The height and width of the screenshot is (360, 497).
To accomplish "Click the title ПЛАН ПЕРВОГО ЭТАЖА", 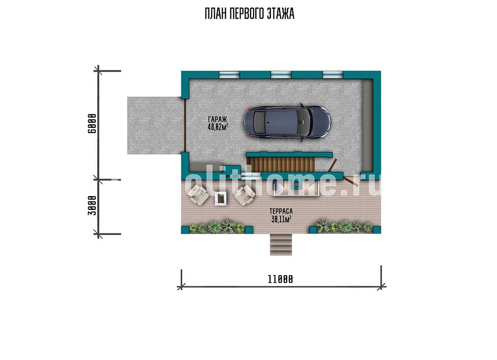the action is coord(249,13).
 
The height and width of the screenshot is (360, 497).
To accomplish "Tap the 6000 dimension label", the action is coord(92,124).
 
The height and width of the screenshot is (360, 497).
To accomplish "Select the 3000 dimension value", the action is coord(92,205).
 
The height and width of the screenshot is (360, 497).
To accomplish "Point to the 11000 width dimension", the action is coord(280,279).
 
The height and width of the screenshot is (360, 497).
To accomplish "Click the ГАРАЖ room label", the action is coord(217,119).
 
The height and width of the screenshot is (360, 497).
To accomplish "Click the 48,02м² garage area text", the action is coord(218,127).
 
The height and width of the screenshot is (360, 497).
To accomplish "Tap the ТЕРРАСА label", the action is coord(281,211).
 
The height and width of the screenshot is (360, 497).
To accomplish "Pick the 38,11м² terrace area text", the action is coord(281,219).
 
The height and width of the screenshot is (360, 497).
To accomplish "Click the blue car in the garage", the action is coord(287,122).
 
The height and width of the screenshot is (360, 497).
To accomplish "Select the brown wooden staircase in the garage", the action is coord(281,164).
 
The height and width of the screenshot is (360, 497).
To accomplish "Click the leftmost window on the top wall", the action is coord(229,74).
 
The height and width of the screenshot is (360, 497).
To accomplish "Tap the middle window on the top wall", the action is coord(281,74).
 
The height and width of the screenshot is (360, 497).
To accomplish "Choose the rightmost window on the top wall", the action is coord(332,74).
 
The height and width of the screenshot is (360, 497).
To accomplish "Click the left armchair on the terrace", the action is coord(198,195).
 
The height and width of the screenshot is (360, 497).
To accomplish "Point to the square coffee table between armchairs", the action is coord(221,199).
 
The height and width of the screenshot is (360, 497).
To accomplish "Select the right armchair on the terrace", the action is coord(245,195).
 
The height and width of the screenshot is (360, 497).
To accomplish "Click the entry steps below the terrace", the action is coord(281,245).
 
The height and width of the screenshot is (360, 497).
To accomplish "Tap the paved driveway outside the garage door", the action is coord(155,125).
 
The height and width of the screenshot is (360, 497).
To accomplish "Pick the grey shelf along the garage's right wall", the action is coord(368,125).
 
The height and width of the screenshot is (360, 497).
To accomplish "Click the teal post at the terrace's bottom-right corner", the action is coord(377,230).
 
